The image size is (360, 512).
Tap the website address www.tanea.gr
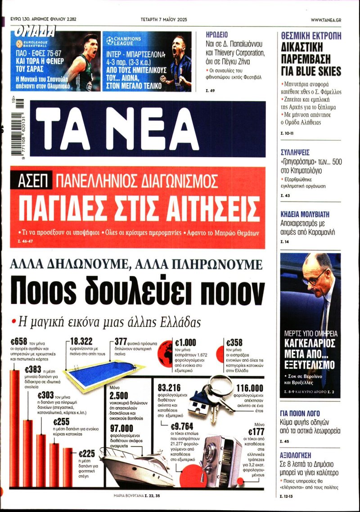coord(332,20)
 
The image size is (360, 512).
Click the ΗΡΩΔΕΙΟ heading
coord(216,35)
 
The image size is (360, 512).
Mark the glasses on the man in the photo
coord(313,276)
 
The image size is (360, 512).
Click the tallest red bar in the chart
coord(15,428)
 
